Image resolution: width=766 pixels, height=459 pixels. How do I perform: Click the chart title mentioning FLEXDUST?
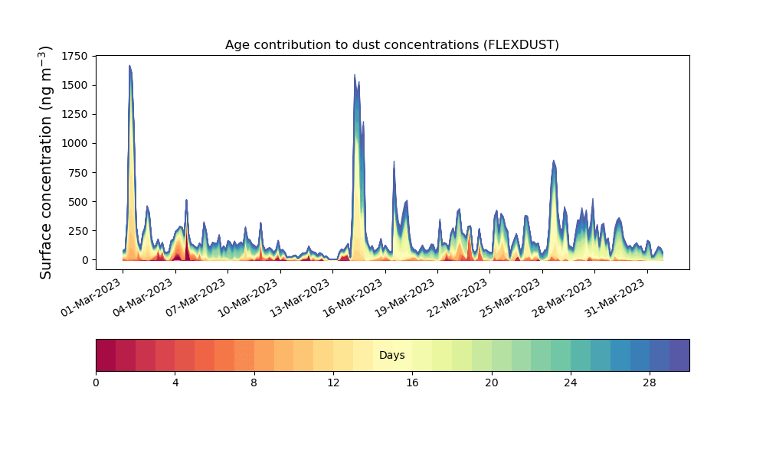(391, 44)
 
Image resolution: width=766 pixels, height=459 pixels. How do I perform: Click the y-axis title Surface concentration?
(46, 162)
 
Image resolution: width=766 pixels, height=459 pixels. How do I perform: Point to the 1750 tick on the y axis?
(75, 56)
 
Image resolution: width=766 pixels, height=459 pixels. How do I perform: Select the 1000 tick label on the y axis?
(75, 143)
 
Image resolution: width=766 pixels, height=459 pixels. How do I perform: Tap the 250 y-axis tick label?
(78, 230)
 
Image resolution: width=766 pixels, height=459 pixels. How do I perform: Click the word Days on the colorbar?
(391, 356)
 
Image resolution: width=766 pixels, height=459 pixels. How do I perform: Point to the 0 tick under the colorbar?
(96, 382)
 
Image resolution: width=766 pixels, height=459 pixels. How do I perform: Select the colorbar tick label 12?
(333, 382)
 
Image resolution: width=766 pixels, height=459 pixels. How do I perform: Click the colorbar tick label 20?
(491, 382)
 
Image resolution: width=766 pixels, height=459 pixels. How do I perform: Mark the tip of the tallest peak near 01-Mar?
(129, 66)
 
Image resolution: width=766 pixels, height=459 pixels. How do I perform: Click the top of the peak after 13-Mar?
(355, 75)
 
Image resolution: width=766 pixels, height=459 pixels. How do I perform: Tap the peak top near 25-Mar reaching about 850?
(553, 161)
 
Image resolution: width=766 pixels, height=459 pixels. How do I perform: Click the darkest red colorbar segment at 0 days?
(106, 355)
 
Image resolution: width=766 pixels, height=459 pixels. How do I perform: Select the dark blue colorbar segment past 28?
(679, 355)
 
